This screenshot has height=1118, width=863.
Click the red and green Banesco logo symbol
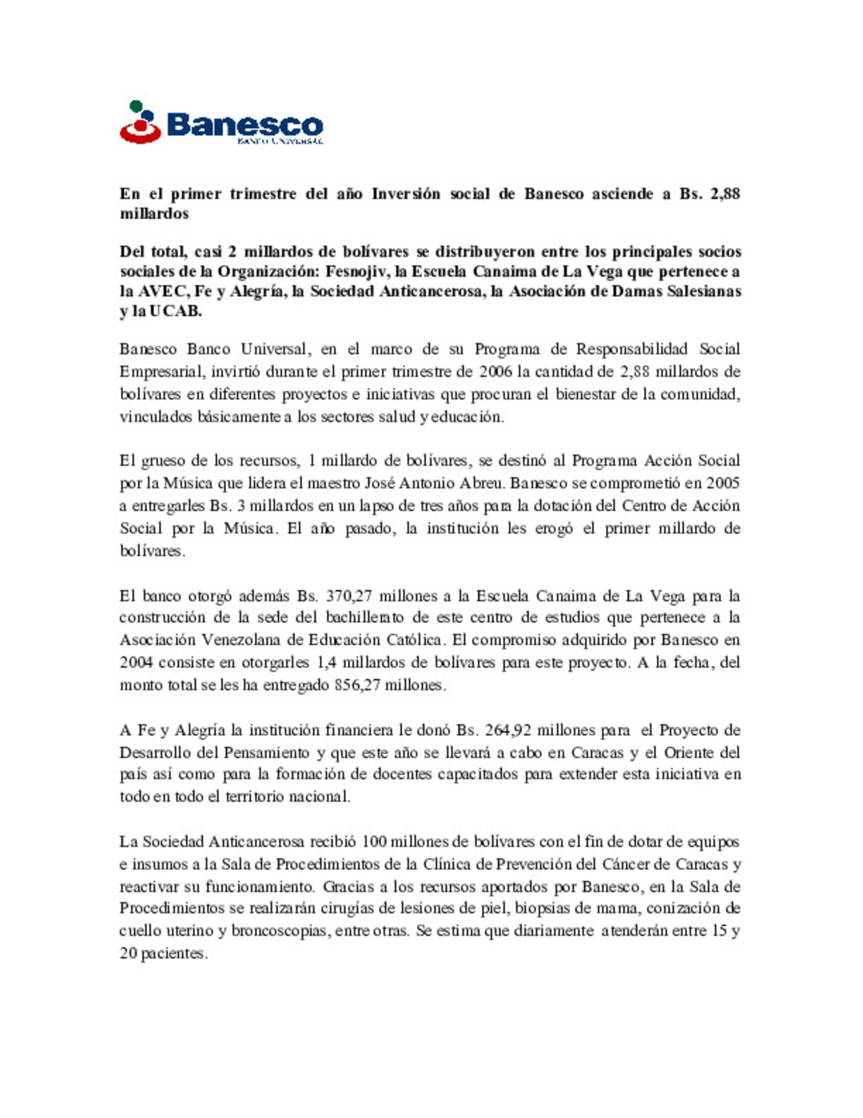pyautogui.click(x=141, y=122)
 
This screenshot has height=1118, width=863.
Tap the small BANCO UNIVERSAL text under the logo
pyautogui.click(x=280, y=142)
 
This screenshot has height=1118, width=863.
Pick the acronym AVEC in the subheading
pyautogui.click(x=165, y=291)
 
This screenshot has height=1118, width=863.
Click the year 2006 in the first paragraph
pyautogui.click(x=495, y=371)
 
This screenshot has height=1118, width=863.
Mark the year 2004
pyautogui.click(x=136, y=662)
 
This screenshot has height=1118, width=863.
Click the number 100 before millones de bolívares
pyautogui.click(x=374, y=841)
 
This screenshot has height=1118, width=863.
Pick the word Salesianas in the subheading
pyautogui.click(x=704, y=291)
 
